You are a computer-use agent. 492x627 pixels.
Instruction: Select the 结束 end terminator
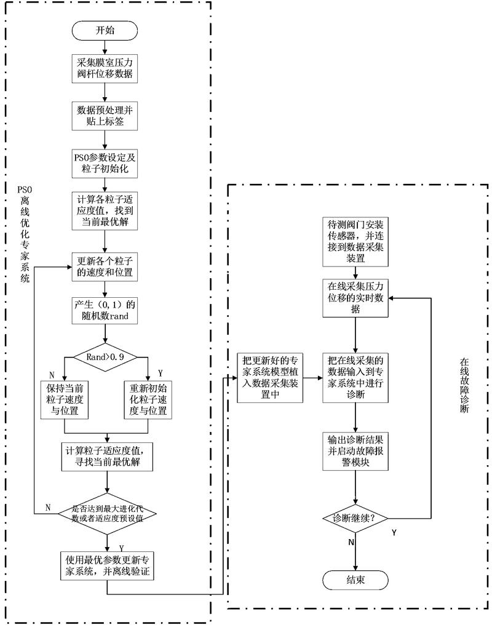coord(356,579)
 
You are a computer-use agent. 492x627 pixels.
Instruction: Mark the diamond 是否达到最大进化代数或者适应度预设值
coord(108,513)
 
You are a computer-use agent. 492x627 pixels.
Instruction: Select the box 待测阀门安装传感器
coord(356,241)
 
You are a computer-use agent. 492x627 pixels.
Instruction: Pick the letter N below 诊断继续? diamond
coord(351,543)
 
